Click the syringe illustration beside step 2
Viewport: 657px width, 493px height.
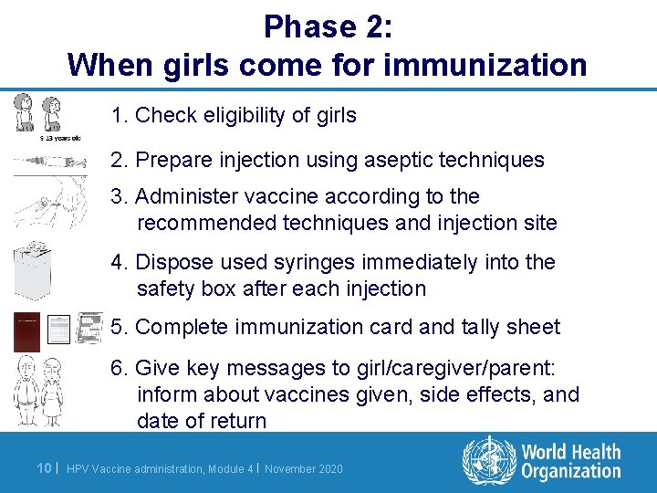point(45,161)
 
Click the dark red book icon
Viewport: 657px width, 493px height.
point(27,330)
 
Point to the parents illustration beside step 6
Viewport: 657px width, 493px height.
point(39,390)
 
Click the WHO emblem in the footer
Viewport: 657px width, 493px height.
point(488,462)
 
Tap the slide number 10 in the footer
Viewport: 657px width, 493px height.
point(42,468)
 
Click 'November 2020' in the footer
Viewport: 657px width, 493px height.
point(305,469)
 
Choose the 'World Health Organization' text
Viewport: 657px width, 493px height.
point(570,462)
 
